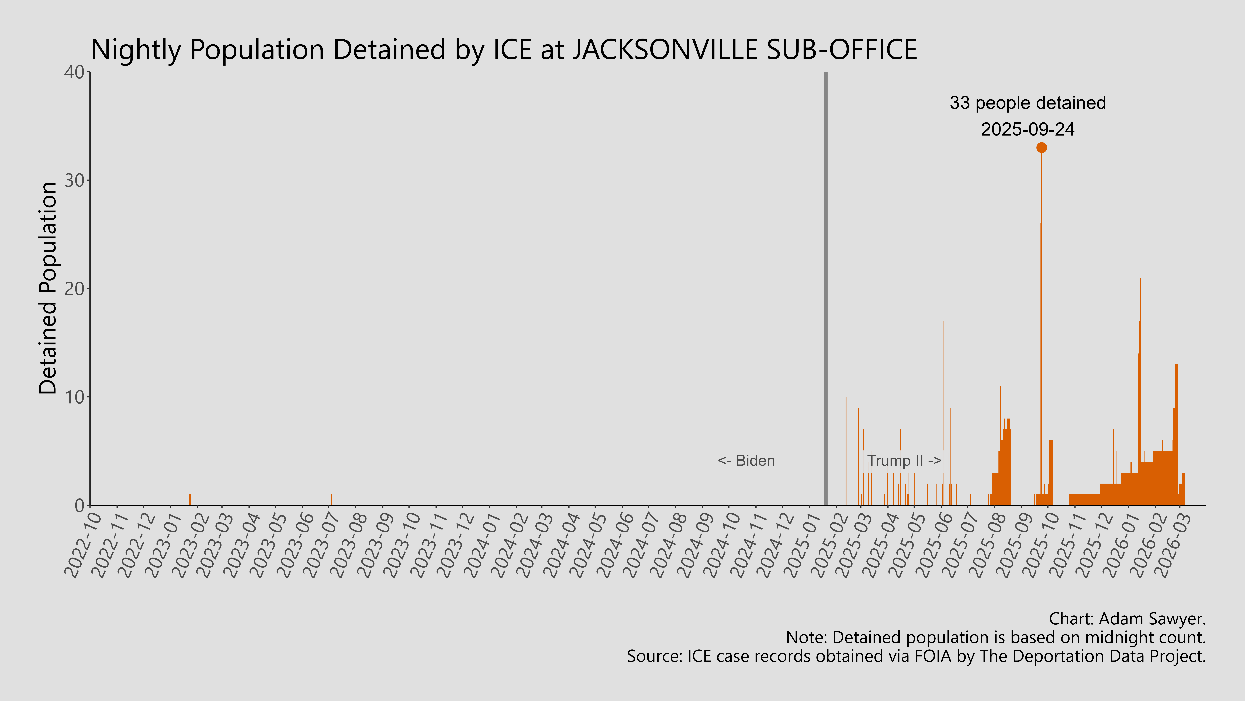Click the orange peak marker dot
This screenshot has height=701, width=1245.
(1042, 148)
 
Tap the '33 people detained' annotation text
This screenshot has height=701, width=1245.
(1028, 103)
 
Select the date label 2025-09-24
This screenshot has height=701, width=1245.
(1028, 129)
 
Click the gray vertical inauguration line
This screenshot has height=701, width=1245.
(825, 290)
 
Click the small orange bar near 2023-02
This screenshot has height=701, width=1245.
(190, 500)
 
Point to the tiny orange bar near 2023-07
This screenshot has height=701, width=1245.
(331, 500)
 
